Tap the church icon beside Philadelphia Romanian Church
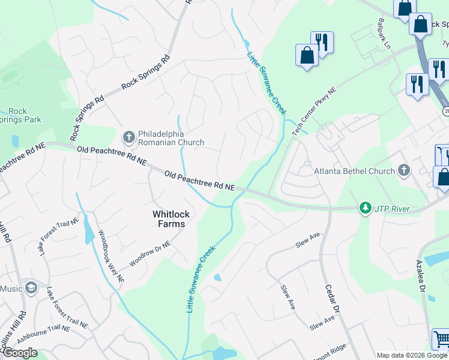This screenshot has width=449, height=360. coord(128,137)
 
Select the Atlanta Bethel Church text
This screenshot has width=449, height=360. coord(355,171)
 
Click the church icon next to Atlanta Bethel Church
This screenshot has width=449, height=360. coord(404,170)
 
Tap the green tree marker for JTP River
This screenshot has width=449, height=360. coord(364,208)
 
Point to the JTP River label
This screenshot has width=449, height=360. coord(391,209)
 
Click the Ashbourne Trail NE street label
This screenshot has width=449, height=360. coord(61,328)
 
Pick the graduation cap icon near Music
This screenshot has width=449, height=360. coord(31,289)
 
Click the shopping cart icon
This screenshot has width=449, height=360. coord(441,340)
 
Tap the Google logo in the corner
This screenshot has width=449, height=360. coord(19,353)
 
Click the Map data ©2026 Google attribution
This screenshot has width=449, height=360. coord(412,355)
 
